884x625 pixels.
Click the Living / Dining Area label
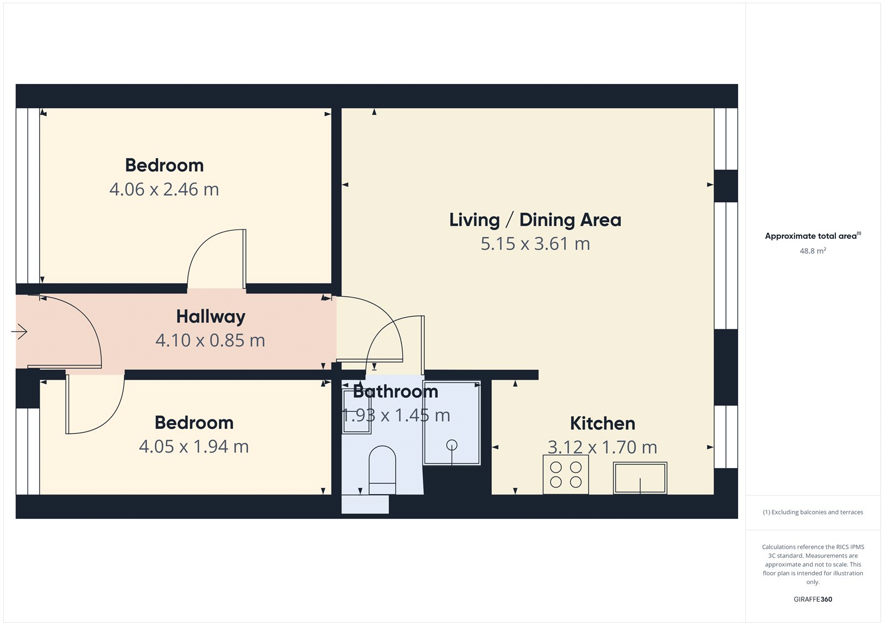[535, 220]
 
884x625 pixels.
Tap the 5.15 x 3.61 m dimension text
[535, 244]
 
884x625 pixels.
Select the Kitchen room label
[602, 423]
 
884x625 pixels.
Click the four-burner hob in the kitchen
[565, 474]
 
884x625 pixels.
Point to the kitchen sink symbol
[640, 478]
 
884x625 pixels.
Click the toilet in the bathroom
[382, 470]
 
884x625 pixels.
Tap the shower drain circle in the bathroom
[452, 444]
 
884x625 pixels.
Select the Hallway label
[211, 317]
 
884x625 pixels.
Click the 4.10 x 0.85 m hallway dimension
[210, 340]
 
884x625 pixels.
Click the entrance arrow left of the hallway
[19, 332]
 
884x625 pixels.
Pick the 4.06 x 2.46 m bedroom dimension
[164, 190]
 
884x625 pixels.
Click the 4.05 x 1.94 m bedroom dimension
[193, 447]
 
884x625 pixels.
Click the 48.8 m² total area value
[813, 251]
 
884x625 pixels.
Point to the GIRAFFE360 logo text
[813, 599]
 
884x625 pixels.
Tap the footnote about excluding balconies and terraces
[813, 512]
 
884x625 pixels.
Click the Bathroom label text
[395, 392]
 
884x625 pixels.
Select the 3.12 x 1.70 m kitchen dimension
[602, 447]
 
